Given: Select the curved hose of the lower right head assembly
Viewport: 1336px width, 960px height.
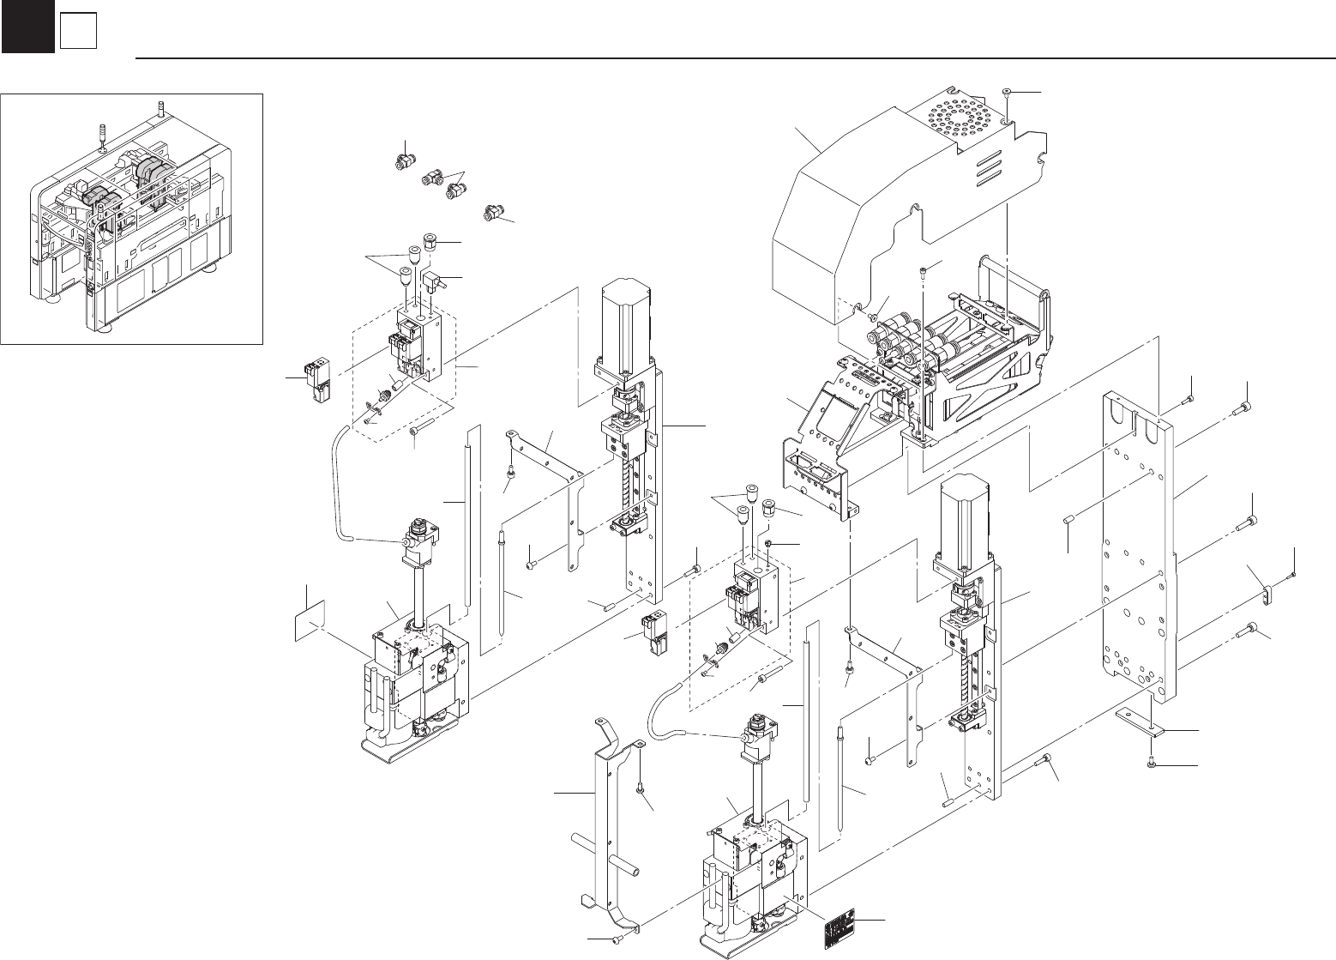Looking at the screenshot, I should tap(665, 703).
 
